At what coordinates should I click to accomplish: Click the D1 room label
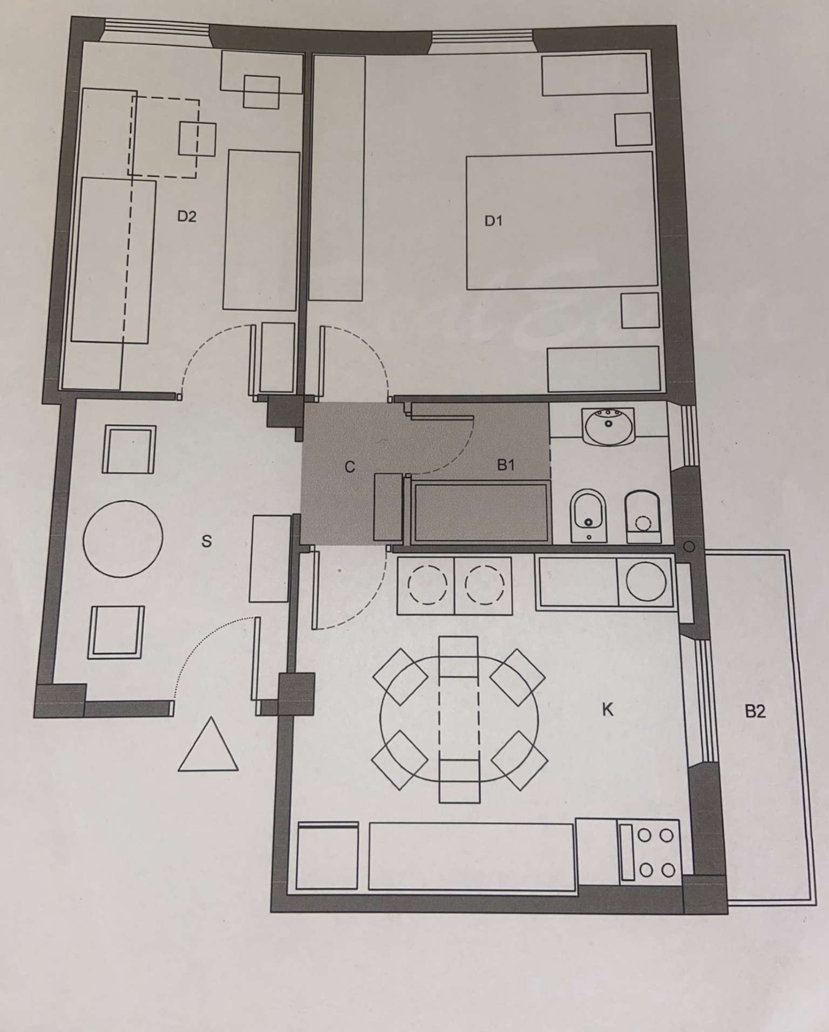[493, 221]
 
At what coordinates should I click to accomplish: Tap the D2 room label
[187, 216]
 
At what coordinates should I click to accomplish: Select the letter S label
[206, 541]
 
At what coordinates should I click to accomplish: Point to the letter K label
[608, 710]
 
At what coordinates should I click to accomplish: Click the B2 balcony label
[755, 711]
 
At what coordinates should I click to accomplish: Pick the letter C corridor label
[350, 467]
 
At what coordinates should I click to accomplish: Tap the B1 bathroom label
[506, 465]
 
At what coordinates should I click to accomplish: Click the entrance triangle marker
[208, 745]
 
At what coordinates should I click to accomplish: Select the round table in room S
[123, 538]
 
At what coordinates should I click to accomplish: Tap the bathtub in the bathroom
[480, 513]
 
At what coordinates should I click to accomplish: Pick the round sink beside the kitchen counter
[647, 582]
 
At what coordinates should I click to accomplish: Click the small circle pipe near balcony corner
[689, 547]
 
